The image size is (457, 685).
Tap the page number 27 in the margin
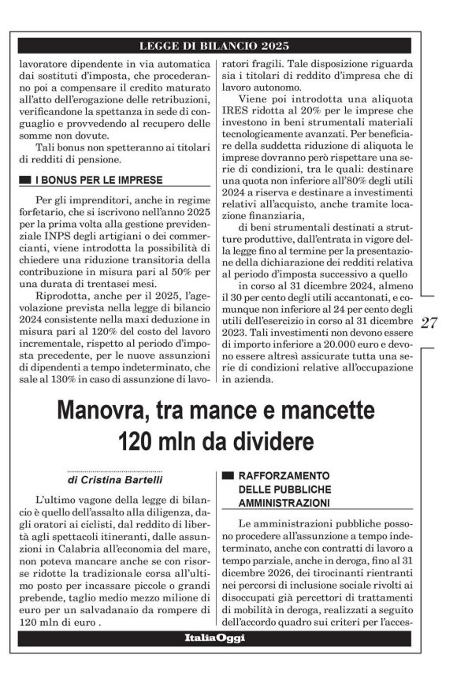(x=430, y=322)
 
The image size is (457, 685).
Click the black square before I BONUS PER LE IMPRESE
(x=26, y=181)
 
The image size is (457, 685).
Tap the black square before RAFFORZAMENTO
(x=228, y=476)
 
